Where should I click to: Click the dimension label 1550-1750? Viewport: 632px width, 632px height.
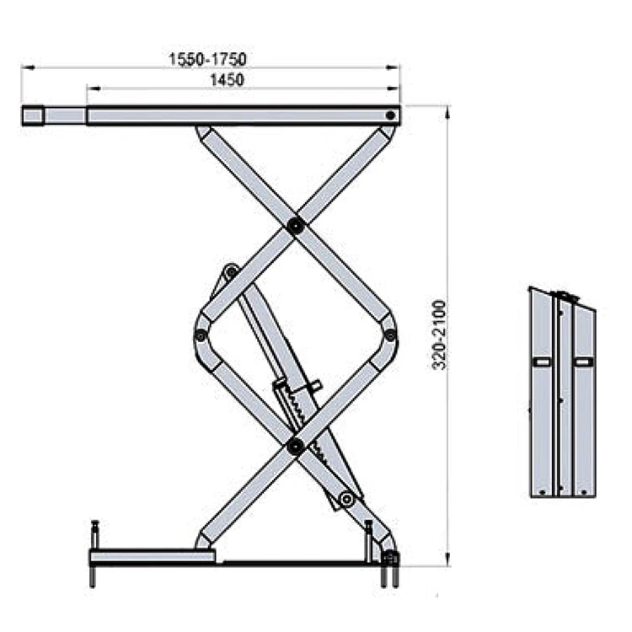(206, 59)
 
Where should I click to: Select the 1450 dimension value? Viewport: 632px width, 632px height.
(227, 80)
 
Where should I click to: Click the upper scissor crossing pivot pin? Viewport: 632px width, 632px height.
(295, 225)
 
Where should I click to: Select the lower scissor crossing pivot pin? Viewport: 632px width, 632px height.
(295, 446)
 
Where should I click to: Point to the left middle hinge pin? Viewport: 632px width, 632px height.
(201, 335)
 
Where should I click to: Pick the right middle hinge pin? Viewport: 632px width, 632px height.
(390, 335)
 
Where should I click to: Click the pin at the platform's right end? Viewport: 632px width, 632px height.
(390, 115)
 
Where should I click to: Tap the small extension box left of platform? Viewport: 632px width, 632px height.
(33, 115)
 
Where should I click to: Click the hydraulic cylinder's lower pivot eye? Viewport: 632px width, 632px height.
(345, 500)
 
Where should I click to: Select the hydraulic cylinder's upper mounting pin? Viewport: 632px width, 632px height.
(230, 271)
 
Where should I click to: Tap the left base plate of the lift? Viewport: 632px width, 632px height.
(152, 557)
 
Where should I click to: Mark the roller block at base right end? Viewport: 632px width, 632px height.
(390, 558)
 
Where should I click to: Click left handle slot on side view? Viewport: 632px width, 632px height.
(541, 362)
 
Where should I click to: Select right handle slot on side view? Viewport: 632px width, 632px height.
(582, 362)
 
